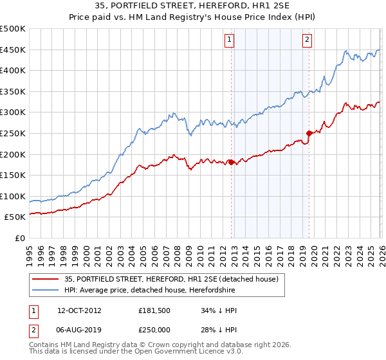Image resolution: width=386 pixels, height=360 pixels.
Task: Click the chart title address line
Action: tap(192, 7)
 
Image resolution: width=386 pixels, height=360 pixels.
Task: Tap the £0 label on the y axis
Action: tap(19, 238)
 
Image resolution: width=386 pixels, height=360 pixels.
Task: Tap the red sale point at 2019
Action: tap(309, 134)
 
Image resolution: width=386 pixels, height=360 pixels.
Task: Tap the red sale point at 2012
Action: tap(231, 162)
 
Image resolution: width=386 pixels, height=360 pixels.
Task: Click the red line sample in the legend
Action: tap(45, 279)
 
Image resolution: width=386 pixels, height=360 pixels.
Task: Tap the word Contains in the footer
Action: tap(45, 346)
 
